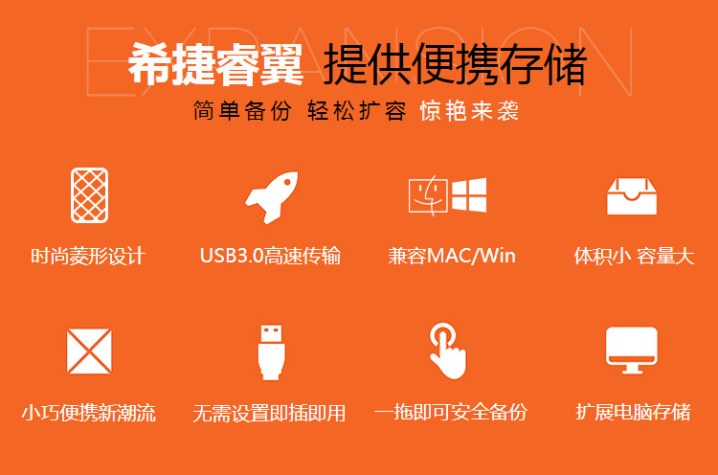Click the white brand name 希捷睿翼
(x=215, y=64)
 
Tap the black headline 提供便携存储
(x=455, y=64)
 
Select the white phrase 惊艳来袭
(x=469, y=110)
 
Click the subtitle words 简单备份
(x=242, y=110)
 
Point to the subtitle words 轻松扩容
(x=357, y=110)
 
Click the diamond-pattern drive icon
(x=89, y=195)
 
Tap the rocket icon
(x=272, y=197)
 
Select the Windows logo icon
(x=469, y=195)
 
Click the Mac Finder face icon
(x=428, y=196)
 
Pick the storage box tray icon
(x=632, y=197)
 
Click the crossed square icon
(x=89, y=351)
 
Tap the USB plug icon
(x=272, y=352)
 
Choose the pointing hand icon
(x=448, y=351)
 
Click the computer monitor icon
(x=632, y=351)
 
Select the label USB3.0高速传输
(x=270, y=256)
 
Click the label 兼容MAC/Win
(x=452, y=256)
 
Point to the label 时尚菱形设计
(x=88, y=256)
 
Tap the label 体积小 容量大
(x=634, y=256)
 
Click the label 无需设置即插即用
(x=269, y=413)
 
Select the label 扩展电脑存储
(x=634, y=412)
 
